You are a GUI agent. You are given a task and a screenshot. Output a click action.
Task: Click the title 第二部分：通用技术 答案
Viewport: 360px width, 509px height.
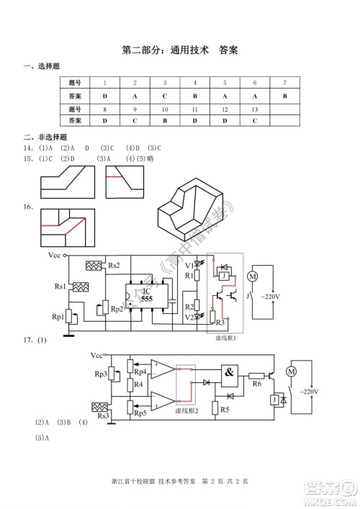(x=180, y=50)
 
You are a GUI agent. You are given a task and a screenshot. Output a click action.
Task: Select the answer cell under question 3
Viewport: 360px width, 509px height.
(x=165, y=96)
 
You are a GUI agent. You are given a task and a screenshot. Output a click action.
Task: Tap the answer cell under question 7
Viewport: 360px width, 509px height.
(x=285, y=96)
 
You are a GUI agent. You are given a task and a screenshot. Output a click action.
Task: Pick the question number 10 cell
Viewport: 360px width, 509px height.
(x=165, y=109)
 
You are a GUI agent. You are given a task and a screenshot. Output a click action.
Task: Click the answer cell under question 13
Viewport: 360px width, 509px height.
(x=255, y=121)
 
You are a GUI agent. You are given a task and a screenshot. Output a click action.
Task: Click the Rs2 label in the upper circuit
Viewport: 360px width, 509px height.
(x=114, y=265)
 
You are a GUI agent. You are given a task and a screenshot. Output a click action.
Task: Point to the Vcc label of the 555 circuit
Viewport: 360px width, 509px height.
(x=54, y=255)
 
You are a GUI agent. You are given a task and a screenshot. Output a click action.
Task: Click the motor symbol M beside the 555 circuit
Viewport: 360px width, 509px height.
(x=252, y=276)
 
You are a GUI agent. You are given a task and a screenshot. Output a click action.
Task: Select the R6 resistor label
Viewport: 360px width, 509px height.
(x=256, y=384)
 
